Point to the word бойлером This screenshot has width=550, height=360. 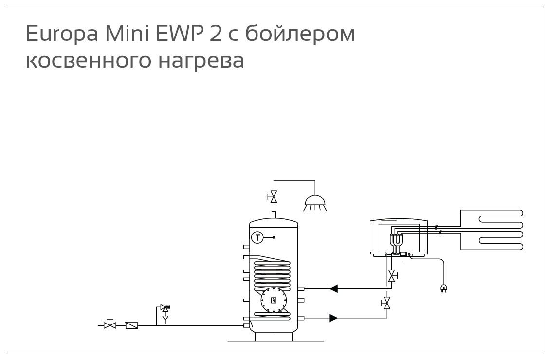(300, 35)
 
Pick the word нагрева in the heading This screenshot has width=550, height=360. (202, 61)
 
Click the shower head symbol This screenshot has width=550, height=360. (315, 203)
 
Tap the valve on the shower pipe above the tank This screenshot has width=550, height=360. (273, 197)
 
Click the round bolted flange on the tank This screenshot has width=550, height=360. (274, 300)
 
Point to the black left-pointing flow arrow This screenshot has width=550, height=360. (333, 288)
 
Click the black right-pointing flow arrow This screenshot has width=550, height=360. (333, 318)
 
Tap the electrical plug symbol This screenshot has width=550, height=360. (444, 288)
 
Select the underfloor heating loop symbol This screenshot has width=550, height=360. (492, 230)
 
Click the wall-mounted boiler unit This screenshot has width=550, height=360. (399, 238)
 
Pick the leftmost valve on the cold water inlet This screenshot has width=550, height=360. (110, 324)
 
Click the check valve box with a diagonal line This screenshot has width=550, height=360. (132, 325)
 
